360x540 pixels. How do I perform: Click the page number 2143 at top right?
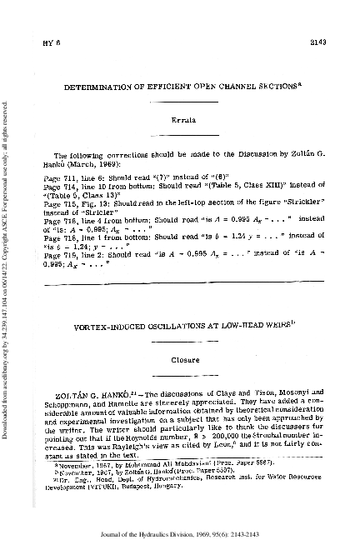point(327,41)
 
